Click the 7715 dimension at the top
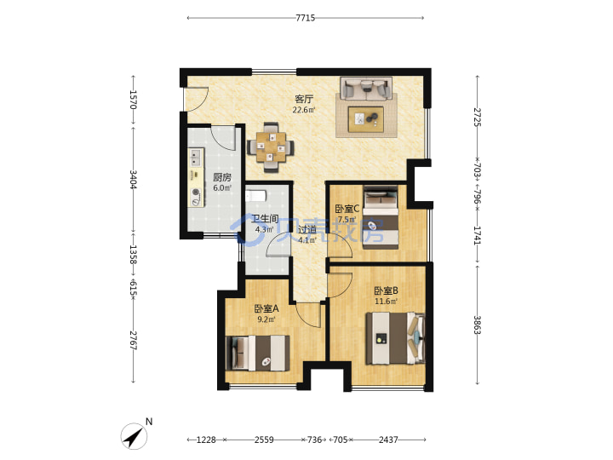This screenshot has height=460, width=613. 306,18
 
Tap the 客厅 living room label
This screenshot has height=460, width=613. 304,99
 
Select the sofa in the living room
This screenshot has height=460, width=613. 366,88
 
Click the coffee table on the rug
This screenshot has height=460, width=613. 366,119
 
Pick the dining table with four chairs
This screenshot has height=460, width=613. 271,147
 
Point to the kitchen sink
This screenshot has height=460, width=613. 196,158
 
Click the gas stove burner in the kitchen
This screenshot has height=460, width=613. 196,193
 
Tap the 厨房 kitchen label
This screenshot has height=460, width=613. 221,177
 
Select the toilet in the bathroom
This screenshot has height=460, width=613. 255,195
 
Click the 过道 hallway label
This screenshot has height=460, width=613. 306,230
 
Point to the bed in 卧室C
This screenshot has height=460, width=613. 381,217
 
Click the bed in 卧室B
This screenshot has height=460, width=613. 395,338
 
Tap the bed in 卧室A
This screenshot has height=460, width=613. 258,353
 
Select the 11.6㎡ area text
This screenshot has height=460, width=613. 386,302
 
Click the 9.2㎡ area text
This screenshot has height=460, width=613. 266,319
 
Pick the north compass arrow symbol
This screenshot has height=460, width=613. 134,436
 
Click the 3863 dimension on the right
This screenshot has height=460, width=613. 477,325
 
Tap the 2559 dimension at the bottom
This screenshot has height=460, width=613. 264,440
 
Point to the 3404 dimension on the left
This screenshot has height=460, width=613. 134,180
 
